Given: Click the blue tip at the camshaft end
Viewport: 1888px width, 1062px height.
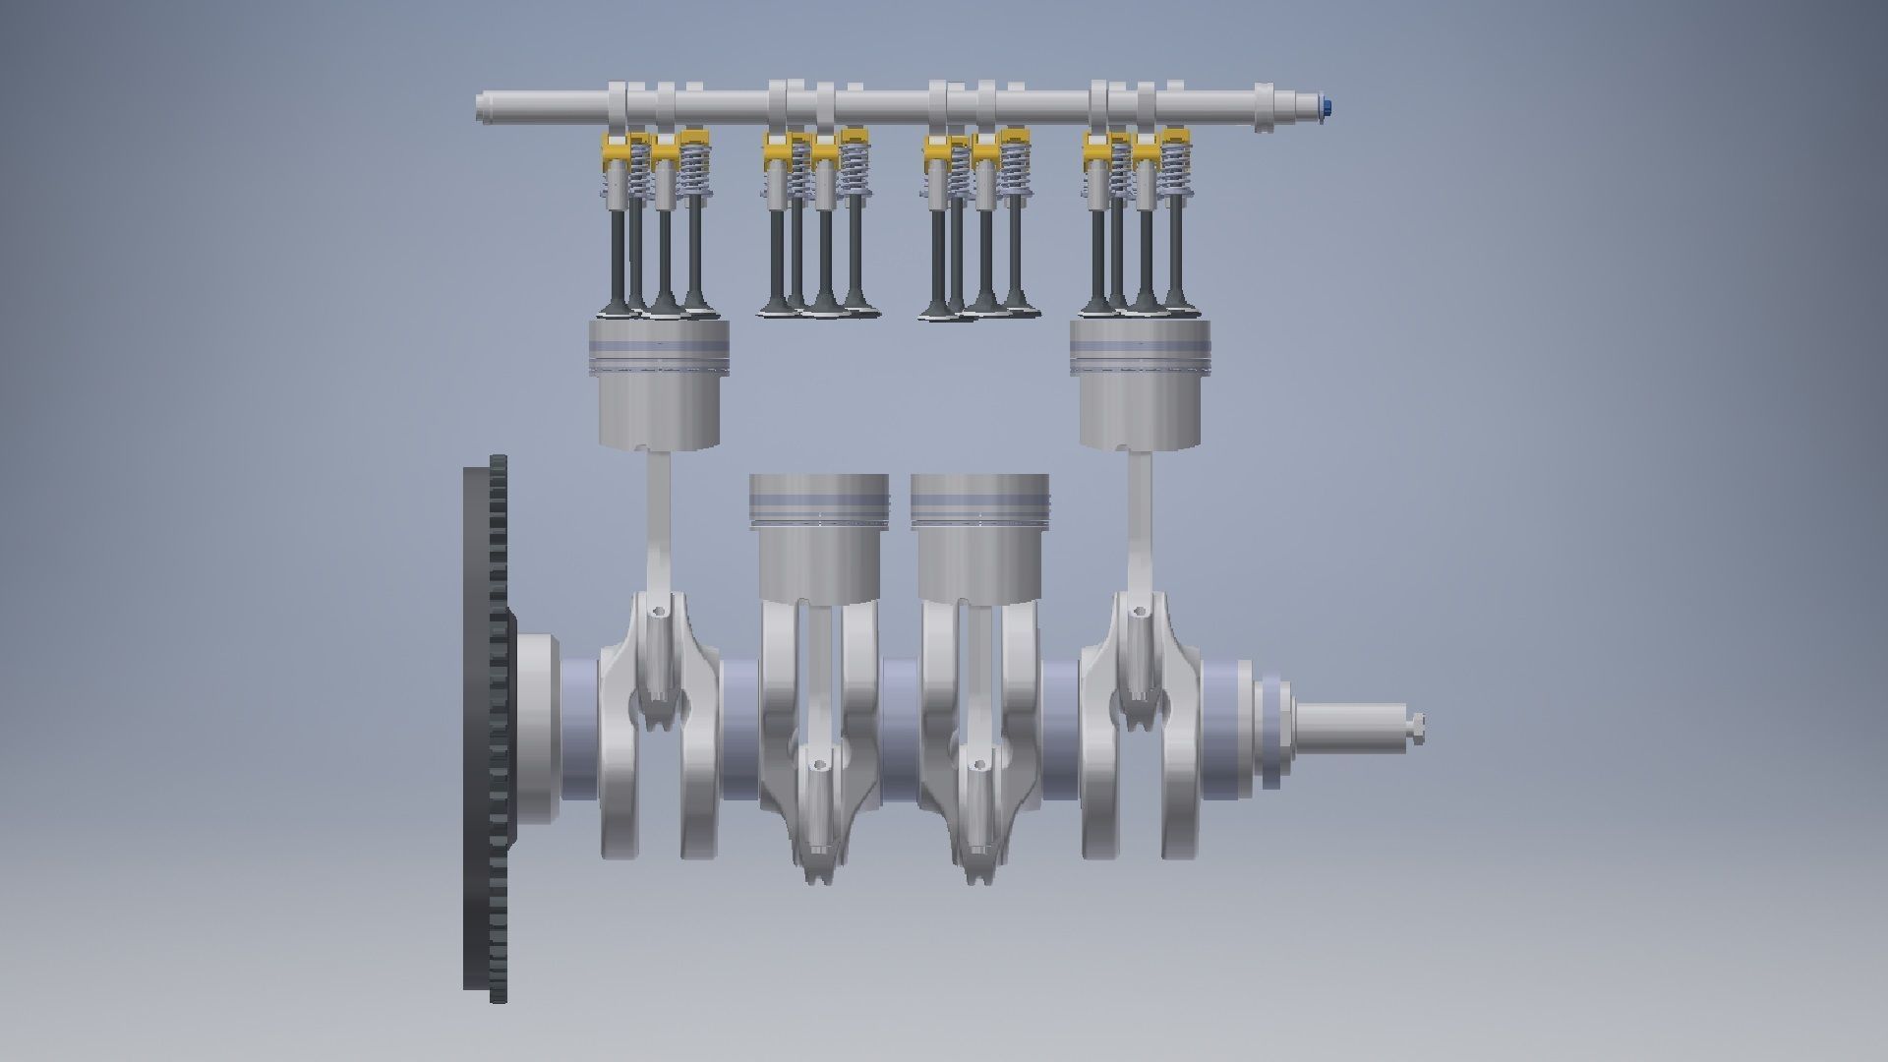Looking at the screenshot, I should [1328, 104].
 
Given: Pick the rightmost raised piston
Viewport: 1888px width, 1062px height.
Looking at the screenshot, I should [1141, 388].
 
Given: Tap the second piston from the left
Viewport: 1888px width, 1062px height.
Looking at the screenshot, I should [819, 536].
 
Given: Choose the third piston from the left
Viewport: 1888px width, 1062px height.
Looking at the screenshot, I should [980, 536].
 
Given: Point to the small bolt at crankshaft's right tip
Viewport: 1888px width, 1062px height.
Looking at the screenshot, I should [1415, 729].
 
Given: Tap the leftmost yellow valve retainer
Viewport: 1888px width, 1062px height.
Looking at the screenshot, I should [614, 151].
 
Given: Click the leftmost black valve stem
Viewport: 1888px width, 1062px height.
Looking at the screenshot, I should [617, 246].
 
